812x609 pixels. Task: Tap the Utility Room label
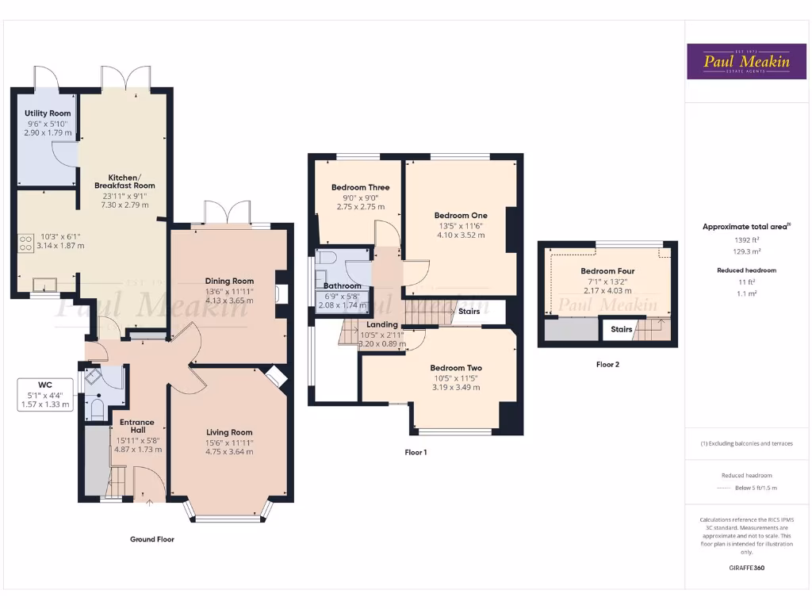click(x=48, y=113)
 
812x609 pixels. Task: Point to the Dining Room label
click(x=229, y=281)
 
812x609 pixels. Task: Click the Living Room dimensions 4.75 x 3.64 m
click(x=229, y=452)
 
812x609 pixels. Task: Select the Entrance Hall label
click(x=132, y=427)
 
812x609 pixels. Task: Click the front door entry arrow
click(x=149, y=500)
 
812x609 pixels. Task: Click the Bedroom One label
click(x=461, y=215)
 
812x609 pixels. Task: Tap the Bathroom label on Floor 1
click(x=342, y=285)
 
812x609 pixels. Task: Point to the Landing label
click(x=382, y=324)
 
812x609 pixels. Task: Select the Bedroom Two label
click(x=456, y=368)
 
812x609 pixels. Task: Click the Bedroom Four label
click(x=607, y=271)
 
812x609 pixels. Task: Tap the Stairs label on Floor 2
click(x=622, y=329)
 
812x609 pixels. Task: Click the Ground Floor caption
click(x=152, y=539)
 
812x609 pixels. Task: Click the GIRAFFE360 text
click(x=745, y=568)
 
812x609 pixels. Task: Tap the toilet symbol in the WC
click(x=97, y=408)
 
